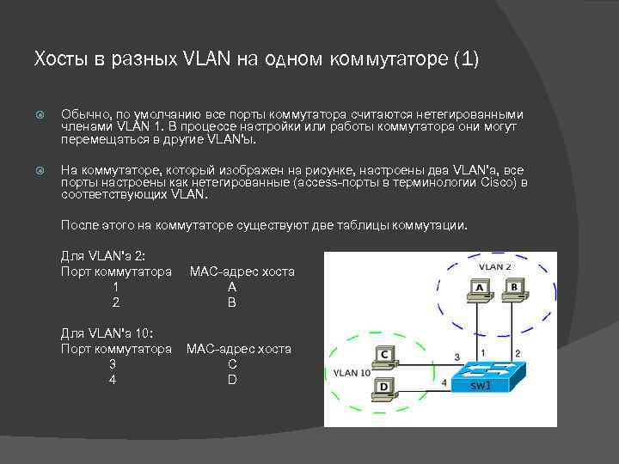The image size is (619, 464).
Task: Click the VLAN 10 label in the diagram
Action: pyautogui.click(x=352, y=373)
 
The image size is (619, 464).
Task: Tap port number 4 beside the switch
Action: pyautogui.click(x=444, y=382)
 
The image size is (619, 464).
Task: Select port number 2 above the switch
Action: pyautogui.click(x=517, y=353)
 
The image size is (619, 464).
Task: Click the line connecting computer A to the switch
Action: pyautogui.click(x=475, y=331)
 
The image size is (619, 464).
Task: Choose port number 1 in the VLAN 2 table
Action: pyautogui.click(x=115, y=287)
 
